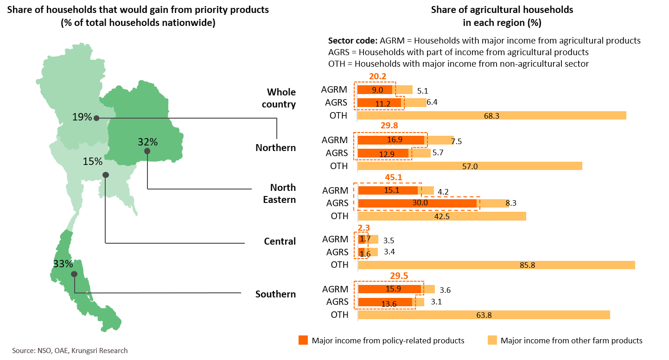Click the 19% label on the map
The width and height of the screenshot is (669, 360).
[x=82, y=117]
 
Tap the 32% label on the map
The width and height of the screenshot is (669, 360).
[x=147, y=142]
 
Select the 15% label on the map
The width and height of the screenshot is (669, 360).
[x=93, y=161]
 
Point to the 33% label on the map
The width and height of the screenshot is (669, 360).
[x=63, y=264]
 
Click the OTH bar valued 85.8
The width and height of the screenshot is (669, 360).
[x=496, y=265]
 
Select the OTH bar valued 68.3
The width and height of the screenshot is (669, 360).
[x=491, y=115]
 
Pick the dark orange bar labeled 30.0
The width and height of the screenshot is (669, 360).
[x=417, y=203]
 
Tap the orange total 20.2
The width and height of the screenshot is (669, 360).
[x=377, y=77]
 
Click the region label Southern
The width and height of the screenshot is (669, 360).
[x=275, y=294]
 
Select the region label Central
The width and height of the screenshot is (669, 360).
[x=280, y=241]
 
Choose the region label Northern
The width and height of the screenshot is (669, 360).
[x=275, y=148]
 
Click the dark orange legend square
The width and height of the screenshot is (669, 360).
[x=303, y=341]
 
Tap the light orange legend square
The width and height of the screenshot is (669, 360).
[x=492, y=341]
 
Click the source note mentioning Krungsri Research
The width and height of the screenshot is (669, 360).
[x=70, y=351]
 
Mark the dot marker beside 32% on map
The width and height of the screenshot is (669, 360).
[x=147, y=151]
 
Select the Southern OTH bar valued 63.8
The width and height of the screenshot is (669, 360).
[x=484, y=315]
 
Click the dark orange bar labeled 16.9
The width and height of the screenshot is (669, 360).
[x=391, y=140]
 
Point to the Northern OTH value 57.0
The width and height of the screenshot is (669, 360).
[x=470, y=166]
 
